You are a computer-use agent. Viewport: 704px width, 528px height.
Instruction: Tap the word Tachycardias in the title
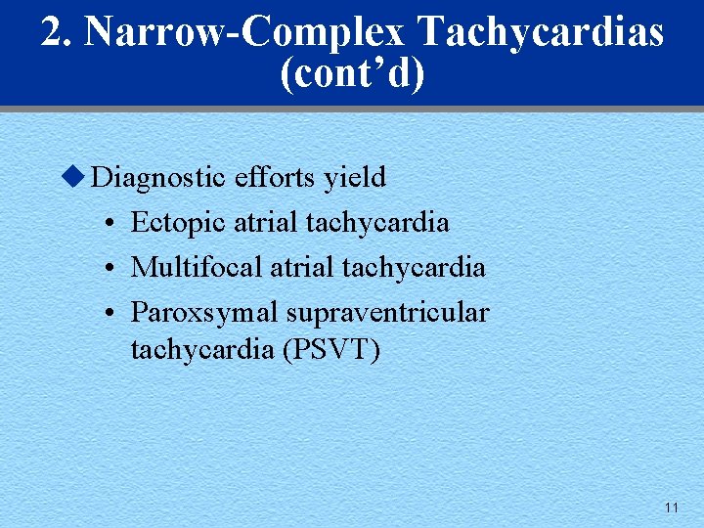(x=541, y=31)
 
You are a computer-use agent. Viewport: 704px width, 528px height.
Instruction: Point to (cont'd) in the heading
(x=352, y=73)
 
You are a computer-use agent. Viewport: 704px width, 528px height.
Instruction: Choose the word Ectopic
(x=178, y=223)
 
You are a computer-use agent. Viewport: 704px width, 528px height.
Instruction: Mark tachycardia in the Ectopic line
(x=377, y=223)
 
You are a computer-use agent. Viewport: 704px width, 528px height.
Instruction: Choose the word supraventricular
(x=387, y=313)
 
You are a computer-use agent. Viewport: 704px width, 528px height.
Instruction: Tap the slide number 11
(x=671, y=507)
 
